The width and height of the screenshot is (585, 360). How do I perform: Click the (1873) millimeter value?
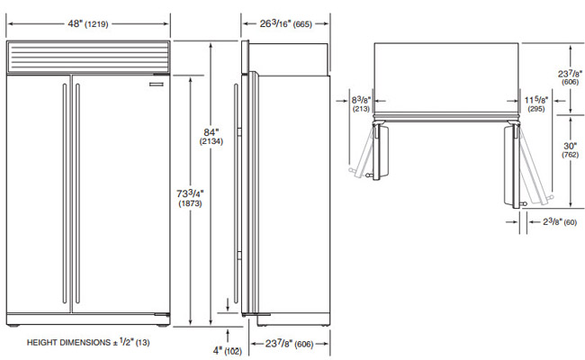click(190, 205)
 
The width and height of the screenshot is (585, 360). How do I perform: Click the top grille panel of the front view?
click(87, 59)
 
